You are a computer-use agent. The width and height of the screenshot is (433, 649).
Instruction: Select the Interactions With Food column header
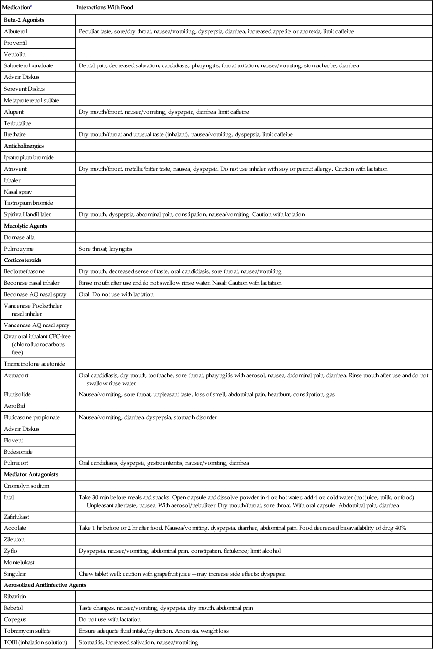click(x=105, y=8)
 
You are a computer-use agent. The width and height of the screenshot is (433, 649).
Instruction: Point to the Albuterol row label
click(x=15, y=31)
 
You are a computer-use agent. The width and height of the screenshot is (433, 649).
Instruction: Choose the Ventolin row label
click(x=15, y=54)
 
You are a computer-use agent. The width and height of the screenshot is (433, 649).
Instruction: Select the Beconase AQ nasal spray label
click(x=34, y=294)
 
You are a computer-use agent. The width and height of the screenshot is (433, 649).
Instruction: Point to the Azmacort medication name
click(x=16, y=375)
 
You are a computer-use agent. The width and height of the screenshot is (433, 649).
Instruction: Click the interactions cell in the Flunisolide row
click(x=208, y=394)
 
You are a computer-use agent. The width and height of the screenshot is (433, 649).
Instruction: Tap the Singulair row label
click(x=16, y=574)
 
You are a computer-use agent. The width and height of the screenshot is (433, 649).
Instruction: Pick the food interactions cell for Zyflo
click(x=198, y=551)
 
